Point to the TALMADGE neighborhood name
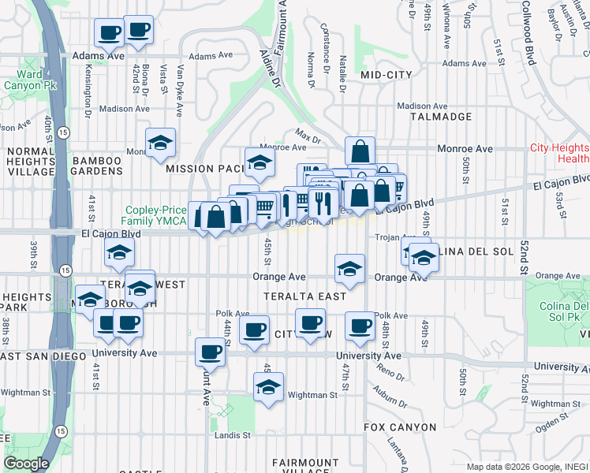(x=441, y=116)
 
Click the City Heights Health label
(x=558, y=153)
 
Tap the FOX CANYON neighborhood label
(x=400, y=427)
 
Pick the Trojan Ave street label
(x=397, y=236)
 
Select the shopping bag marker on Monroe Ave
(x=360, y=150)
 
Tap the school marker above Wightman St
(x=269, y=387)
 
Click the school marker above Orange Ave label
(x=349, y=268)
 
